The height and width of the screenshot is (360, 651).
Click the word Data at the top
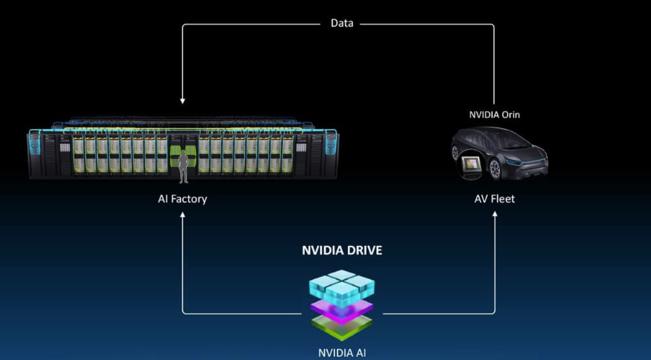pyautogui.click(x=342, y=23)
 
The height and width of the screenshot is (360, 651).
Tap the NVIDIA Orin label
pyautogui.click(x=494, y=115)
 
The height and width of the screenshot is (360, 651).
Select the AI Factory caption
pyautogui.click(x=182, y=199)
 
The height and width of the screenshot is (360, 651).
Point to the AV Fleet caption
pyautogui.click(x=494, y=199)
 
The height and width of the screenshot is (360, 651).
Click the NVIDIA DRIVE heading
pyautogui.click(x=342, y=250)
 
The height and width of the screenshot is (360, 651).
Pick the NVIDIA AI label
pyautogui.click(x=342, y=353)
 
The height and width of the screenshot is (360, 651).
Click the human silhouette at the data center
pyautogui.click(x=182, y=166)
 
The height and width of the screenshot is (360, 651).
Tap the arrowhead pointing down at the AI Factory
pyautogui.click(x=182, y=101)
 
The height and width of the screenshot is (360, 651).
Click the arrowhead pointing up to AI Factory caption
pyautogui.click(x=182, y=215)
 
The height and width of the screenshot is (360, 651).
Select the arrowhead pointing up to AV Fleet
pyautogui.click(x=495, y=214)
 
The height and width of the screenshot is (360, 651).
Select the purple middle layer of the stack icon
pyautogui.click(x=342, y=310)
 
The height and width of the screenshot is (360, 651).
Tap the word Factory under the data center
pyautogui.click(x=190, y=199)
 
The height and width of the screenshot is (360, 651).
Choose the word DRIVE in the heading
pyautogui.click(x=364, y=250)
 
